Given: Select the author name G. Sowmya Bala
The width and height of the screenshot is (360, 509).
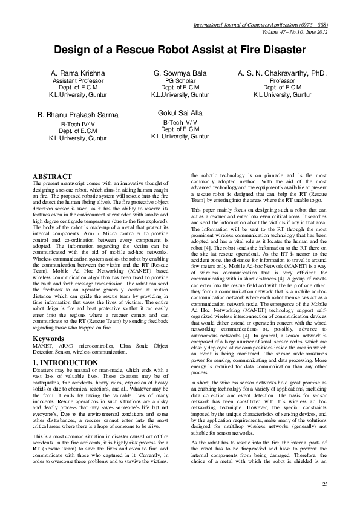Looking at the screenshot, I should click(178, 73).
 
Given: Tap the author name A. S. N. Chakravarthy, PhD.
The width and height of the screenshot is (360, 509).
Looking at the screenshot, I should click(282, 73).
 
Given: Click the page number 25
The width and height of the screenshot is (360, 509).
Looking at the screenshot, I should click(324, 484).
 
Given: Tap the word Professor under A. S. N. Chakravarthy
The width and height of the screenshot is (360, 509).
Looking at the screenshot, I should click(282, 81).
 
